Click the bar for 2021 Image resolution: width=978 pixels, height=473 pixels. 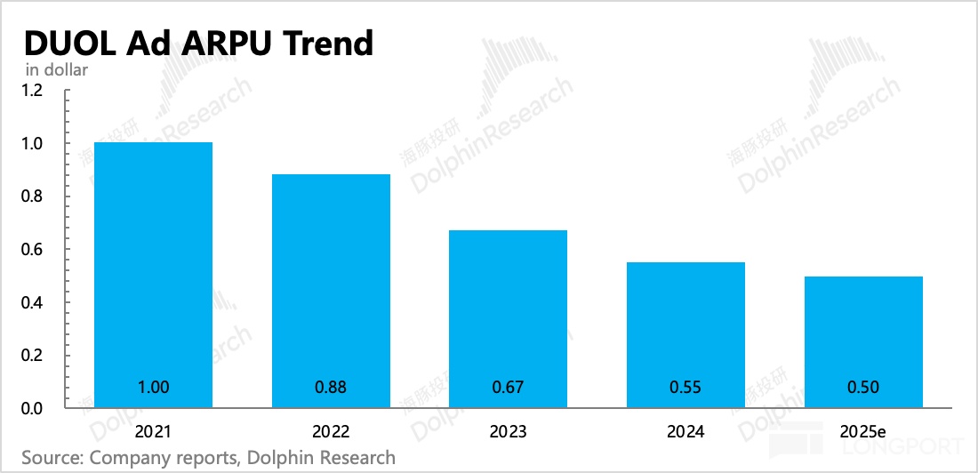coord(153,276)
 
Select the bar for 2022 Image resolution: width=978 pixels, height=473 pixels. coord(331,292)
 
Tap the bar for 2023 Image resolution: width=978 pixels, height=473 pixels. coord(508,319)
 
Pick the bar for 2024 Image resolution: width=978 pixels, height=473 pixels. coord(685,335)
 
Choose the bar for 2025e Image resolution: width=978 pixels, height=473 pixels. coord(863,342)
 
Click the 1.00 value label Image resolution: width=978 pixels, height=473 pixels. coord(153,387)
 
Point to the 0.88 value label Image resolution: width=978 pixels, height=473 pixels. coord(331,387)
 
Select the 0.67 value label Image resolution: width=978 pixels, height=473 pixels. coord(508,387)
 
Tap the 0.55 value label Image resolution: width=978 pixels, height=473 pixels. coord(685,387)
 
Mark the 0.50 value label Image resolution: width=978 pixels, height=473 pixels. coord(863,387)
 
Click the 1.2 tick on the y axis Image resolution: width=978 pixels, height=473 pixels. coord(32,91)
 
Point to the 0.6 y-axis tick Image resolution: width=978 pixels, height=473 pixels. coord(32,250)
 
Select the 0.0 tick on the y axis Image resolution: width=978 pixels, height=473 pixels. coord(32,409)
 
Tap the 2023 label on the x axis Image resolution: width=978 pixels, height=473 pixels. coord(508,432)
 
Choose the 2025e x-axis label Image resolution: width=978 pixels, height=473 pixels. coord(863,432)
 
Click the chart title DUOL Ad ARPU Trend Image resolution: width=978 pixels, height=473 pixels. coord(198,43)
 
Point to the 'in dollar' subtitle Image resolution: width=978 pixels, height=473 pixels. coord(58,70)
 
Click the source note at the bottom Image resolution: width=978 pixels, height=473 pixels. coord(208,458)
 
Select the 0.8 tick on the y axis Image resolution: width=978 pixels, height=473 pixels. coord(32,196)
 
